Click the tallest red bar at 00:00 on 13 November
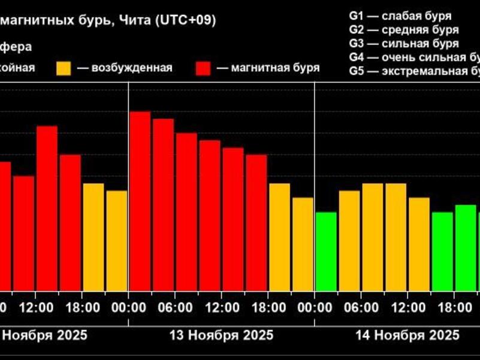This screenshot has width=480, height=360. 140,201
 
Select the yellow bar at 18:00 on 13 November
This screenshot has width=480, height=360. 279,237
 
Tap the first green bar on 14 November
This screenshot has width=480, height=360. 326,252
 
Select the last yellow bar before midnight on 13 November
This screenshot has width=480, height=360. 303,244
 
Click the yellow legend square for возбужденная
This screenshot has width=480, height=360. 64,68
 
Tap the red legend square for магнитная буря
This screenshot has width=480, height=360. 204,68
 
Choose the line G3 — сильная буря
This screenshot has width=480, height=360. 404,44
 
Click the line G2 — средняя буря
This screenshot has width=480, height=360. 404,30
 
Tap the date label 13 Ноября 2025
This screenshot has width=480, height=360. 222,334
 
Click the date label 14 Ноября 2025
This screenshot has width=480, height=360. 408,334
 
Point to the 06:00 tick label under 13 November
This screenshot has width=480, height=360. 177,308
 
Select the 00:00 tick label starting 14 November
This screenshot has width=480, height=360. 315,308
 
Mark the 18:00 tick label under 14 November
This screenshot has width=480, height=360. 455,308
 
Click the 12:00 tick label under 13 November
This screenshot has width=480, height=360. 222,308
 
